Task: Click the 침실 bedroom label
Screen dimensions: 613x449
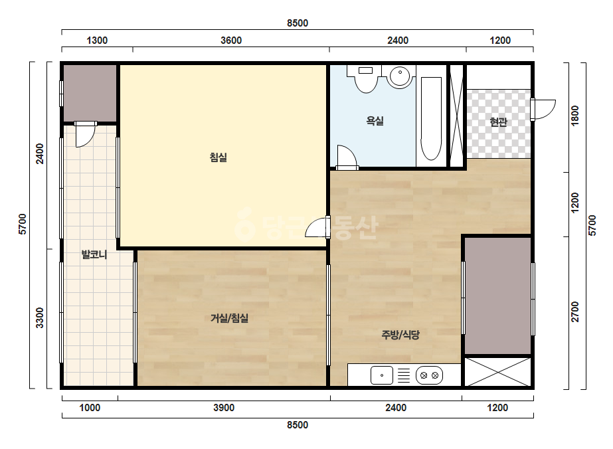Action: coord(218,157)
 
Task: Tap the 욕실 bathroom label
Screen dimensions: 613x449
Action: coord(375,121)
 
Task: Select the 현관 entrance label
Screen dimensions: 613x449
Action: coord(499,122)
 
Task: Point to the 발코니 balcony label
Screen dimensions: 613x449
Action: coord(94,254)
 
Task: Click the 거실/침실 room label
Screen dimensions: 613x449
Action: coord(230,318)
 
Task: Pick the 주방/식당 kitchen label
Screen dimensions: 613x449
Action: coord(400,335)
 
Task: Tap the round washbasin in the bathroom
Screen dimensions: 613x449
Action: coord(399,76)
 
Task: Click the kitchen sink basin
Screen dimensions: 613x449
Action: coord(382,375)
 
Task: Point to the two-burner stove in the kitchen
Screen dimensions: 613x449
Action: coord(429,375)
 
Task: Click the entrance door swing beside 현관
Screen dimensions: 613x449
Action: coord(543,110)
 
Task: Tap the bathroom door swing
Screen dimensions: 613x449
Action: coord(347,157)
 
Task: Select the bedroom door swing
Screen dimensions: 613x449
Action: coord(317,227)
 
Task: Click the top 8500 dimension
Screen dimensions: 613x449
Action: coord(298,23)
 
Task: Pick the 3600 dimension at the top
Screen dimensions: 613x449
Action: coord(231,41)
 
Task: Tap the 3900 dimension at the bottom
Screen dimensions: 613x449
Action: coord(224,408)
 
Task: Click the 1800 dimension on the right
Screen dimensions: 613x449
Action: coord(575,116)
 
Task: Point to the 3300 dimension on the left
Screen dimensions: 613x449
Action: coord(40,317)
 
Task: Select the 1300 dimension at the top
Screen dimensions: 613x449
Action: coord(97,41)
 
